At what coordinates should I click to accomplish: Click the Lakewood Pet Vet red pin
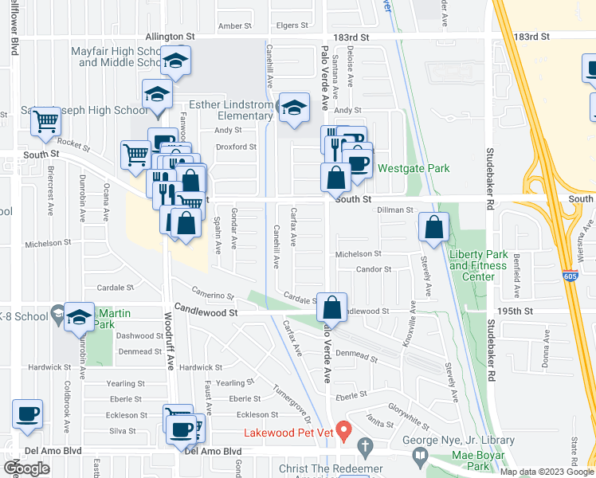344,431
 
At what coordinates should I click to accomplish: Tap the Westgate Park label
414,168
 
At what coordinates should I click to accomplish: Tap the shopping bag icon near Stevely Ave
433,227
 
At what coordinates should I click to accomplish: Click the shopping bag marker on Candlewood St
332,307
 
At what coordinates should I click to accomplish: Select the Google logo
27,468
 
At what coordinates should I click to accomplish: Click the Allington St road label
170,37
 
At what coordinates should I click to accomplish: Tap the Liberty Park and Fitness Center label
478,265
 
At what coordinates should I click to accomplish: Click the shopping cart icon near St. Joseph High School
46,121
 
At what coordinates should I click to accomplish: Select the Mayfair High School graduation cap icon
174,61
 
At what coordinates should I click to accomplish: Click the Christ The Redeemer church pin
365,445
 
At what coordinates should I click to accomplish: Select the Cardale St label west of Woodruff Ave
115,288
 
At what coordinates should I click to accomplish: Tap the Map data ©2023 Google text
547,472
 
